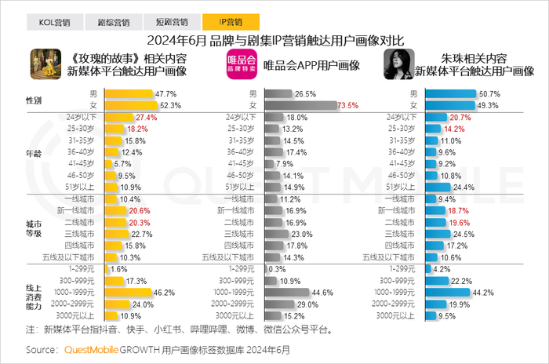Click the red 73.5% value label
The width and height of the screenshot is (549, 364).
pyautogui.click(x=347, y=105)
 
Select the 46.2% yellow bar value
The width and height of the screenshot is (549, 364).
pyautogui.click(x=163, y=292)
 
